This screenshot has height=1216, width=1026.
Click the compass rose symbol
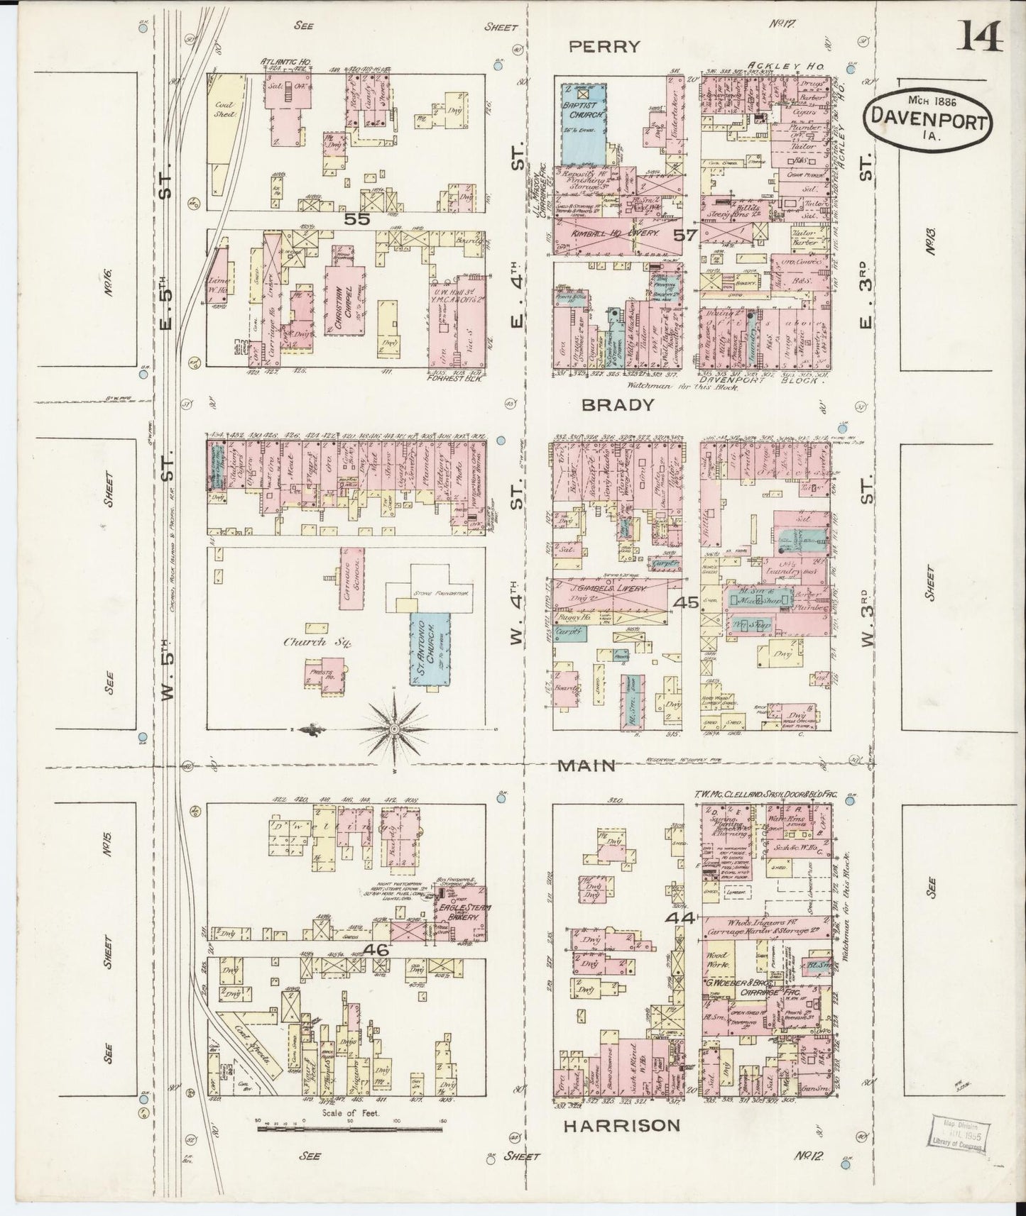[395, 729]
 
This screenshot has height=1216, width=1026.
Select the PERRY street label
[606, 47]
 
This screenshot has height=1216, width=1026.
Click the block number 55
[357, 219]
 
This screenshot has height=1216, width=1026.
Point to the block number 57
[686, 235]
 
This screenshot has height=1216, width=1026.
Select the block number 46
[377, 949]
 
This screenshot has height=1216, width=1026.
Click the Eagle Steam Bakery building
[463, 912]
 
